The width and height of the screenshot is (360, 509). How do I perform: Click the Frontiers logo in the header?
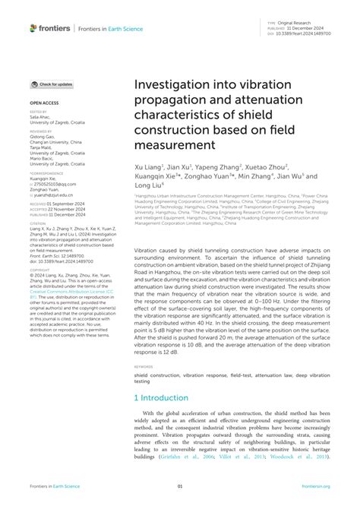pyautogui.click(x=49, y=28)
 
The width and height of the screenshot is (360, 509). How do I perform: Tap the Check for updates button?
pyautogui.click(x=52, y=84)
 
